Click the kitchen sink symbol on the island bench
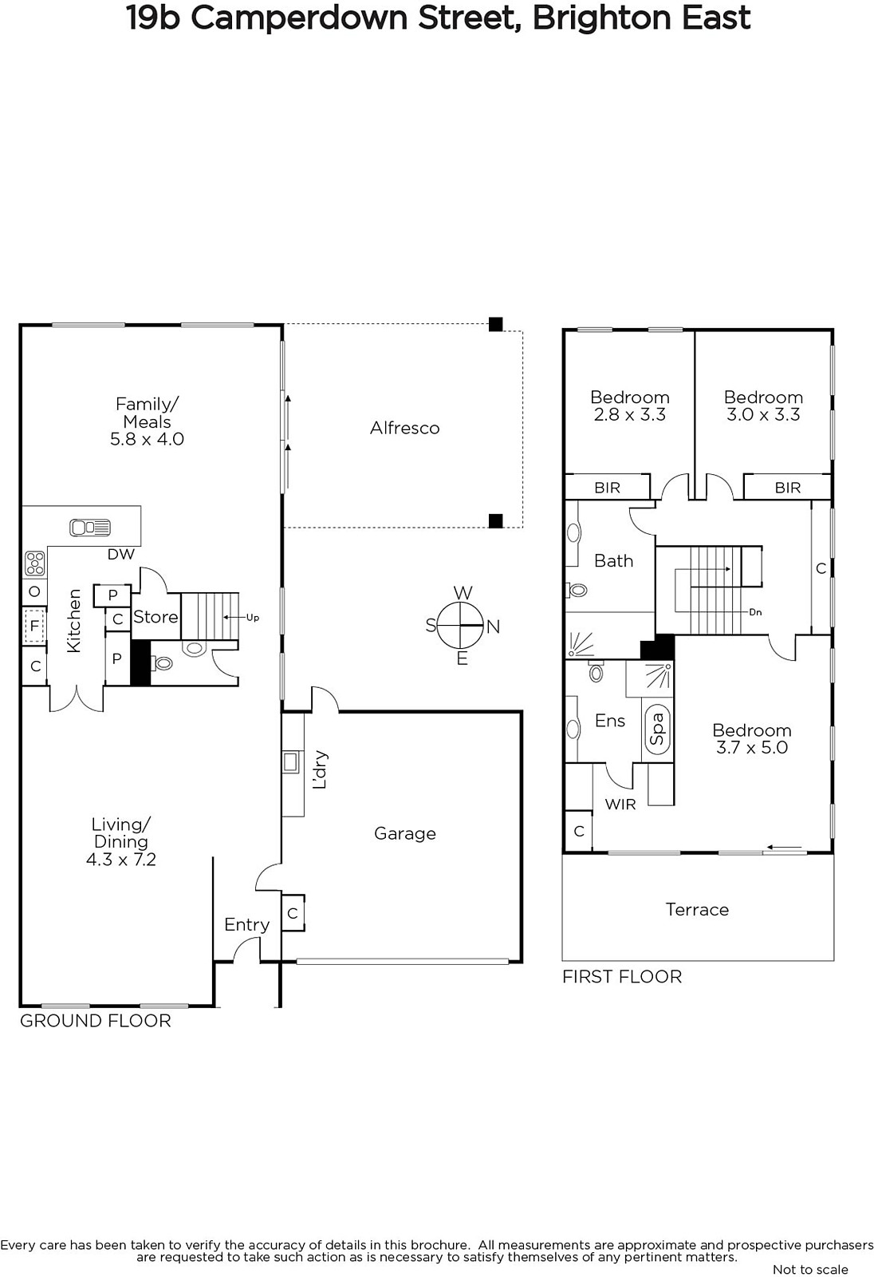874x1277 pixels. tap(90, 528)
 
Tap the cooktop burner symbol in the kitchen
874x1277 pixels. tap(35, 563)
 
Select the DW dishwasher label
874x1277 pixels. tap(120, 554)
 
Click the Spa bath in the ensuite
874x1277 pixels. tap(658, 729)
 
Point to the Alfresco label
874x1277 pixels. tap(404, 428)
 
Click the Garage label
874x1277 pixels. tap(404, 833)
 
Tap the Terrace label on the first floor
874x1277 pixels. tap(697, 909)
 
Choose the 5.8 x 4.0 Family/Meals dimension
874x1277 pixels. tap(147, 439)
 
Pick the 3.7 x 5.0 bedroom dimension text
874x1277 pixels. tap(751, 747)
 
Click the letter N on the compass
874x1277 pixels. tap(493, 627)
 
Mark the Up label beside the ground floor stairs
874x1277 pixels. tap(253, 618)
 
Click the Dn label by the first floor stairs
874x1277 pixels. tap(755, 612)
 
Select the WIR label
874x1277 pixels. tap(620, 805)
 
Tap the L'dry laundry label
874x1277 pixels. tap(321, 769)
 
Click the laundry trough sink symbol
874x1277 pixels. tap(290, 762)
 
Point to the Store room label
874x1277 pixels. tap(156, 617)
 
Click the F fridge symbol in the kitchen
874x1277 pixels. tap(34, 627)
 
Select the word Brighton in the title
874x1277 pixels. tap(601, 18)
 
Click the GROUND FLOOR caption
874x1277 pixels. tap(95, 1021)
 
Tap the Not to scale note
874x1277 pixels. tap(810, 1269)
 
